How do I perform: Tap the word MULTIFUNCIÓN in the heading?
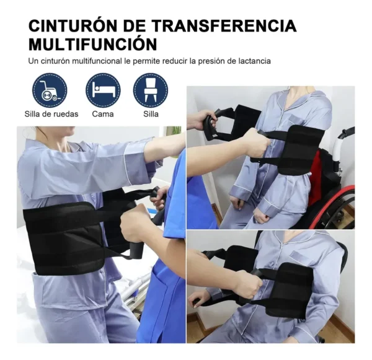(x=92, y=45)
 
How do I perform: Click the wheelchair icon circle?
(x=50, y=90)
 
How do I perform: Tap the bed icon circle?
(x=103, y=90)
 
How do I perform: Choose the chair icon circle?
(x=150, y=90)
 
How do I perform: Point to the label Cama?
(x=103, y=114)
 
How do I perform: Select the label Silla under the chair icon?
(x=150, y=114)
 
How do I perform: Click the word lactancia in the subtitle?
(x=252, y=61)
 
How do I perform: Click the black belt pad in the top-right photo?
(x=296, y=149)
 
